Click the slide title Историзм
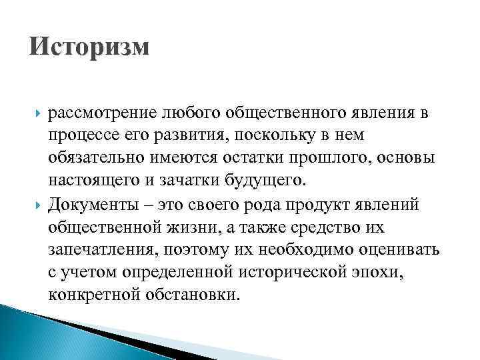(x=90, y=49)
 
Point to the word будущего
(x=271, y=181)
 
